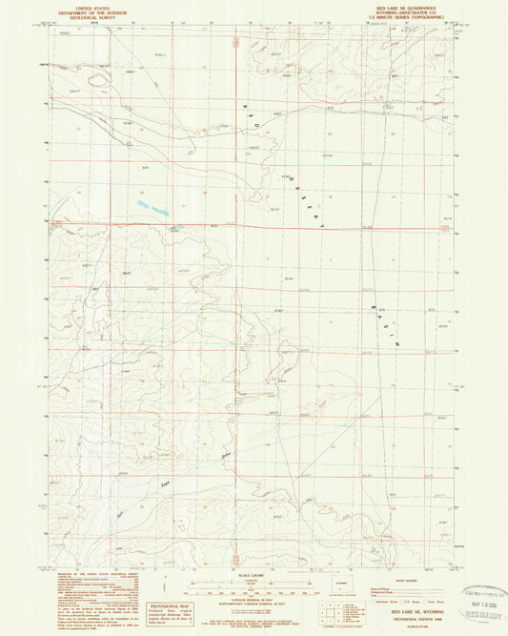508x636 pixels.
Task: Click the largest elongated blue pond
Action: tap(151, 206)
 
